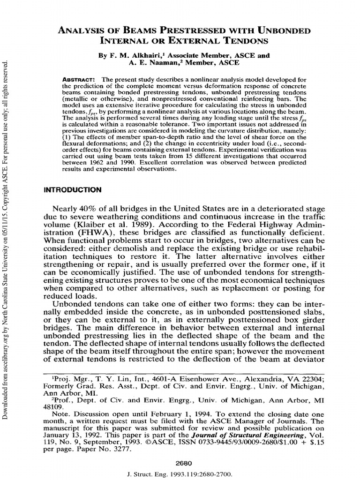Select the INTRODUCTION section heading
[x=72, y=190]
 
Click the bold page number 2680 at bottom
[x=180, y=463]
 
